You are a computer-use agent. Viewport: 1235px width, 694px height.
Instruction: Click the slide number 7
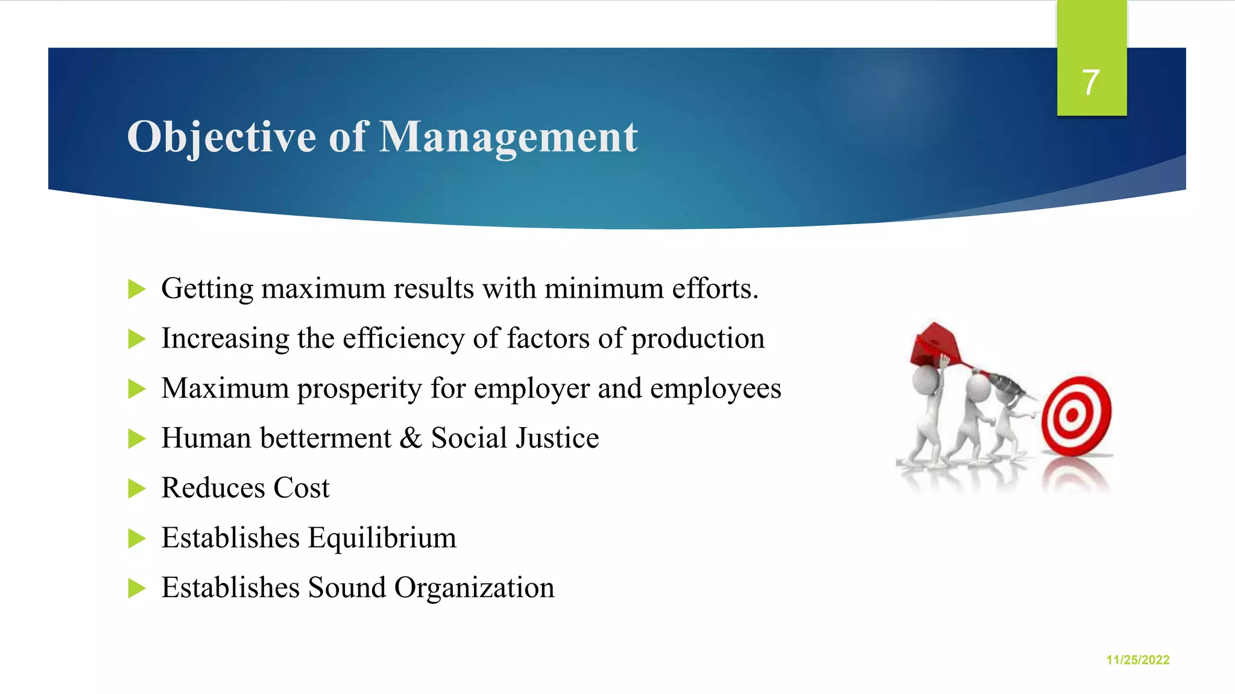pyautogui.click(x=1090, y=82)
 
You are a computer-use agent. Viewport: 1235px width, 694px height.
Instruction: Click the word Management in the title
pyautogui.click(x=508, y=137)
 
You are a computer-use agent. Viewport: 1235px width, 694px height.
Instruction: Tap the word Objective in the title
pyautogui.click(x=221, y=137)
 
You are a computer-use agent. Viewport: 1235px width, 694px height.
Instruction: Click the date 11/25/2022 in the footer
pyautogui.click(x=1137, y=660)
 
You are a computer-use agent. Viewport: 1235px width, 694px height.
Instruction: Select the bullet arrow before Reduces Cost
pyautogui.click(x=137, y=488)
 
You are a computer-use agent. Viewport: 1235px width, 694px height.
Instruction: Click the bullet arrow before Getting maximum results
pyautogui.click(x=137, y=289)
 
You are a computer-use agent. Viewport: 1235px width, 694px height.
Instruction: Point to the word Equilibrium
pyautogui.click(x=382, y=537)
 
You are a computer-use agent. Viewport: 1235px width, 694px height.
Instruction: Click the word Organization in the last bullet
pyautogui.click(x=474, y=587)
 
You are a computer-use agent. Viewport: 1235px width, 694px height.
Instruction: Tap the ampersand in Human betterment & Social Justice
pyautogui.click(x=411, y=438)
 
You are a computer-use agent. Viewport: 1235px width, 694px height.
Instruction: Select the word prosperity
pyautogui.click(x=359, y=389)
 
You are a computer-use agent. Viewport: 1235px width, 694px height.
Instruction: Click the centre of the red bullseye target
pyautogui.click(x=1072, y=415)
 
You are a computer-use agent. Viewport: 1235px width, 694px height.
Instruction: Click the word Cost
pyautogui.click(x=301, y=488)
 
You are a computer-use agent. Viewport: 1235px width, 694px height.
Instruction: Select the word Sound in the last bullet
pyautogui.click(x=346, y=587)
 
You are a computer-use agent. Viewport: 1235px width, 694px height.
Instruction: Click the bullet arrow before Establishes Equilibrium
pyautogui.click(x=137, y=538)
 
